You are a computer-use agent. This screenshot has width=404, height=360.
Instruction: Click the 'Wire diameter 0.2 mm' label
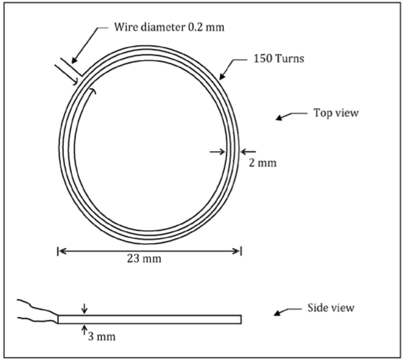[x=169, y=27]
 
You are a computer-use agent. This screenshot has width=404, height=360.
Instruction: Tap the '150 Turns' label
[x=278, y=59]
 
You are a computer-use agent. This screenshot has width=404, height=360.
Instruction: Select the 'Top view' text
[x=336, y=113]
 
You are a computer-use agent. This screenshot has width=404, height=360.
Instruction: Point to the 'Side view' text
[x=331, y=308]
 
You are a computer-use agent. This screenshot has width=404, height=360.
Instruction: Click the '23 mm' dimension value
[x=144, y=258]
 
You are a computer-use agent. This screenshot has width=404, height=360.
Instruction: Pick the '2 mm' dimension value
[x=263, y=163]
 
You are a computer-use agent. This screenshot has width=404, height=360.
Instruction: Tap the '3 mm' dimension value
[x=102, y=336]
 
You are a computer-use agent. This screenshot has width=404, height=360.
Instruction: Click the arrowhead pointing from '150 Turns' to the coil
[x=222, y=77]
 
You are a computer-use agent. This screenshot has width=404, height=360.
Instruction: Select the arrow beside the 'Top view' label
[x=291, y=116]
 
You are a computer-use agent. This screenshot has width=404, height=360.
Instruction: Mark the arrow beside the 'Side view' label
[x=287, y=311]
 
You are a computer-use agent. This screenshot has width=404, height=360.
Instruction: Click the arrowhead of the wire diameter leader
[x=74, y=60]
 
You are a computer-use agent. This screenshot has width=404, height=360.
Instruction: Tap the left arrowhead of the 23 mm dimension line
[x=62, y=251]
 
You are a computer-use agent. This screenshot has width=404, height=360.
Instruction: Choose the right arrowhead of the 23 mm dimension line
[x=236, y=251]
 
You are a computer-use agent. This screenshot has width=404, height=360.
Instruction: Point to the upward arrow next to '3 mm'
[x=84, y=330]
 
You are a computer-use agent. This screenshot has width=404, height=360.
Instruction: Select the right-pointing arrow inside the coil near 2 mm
[x=217, y=152]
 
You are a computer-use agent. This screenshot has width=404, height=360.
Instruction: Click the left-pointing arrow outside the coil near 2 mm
[x=248, y=152]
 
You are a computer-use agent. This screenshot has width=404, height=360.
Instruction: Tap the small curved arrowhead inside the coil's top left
[x=93, y=90]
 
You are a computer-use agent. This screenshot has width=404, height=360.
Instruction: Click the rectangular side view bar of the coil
[x=149, y=319]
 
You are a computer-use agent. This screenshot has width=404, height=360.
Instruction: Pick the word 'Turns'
[x=290, y=59]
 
